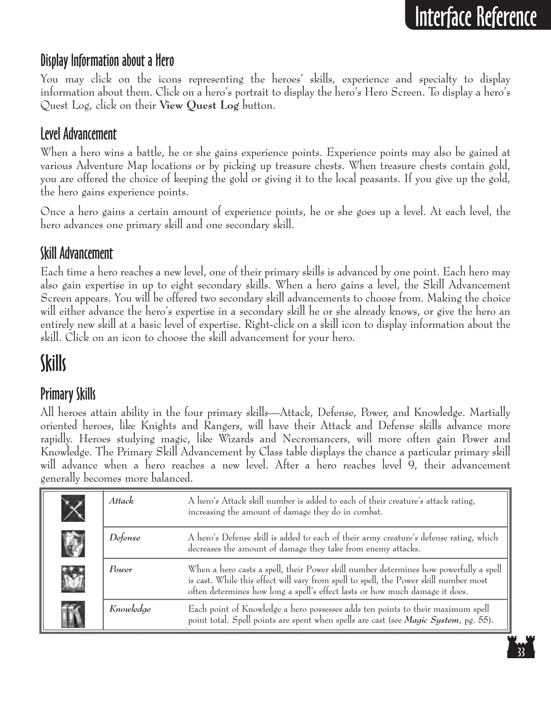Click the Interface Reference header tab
(476, 16)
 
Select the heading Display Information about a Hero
(107, 61)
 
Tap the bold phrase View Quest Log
(199, 106)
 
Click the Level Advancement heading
(78, 134)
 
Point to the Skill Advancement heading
(77, 253)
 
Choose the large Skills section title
(53, 363)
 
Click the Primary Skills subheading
(68, 393)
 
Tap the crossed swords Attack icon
(73, 508)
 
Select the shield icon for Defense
(73, 543)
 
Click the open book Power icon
(73, 579)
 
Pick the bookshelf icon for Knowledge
(73, 614)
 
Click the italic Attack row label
(121, 501)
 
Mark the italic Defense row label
(124, 538)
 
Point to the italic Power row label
(120, 570)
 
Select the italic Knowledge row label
(130, 609)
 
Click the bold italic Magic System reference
(431, 620)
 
